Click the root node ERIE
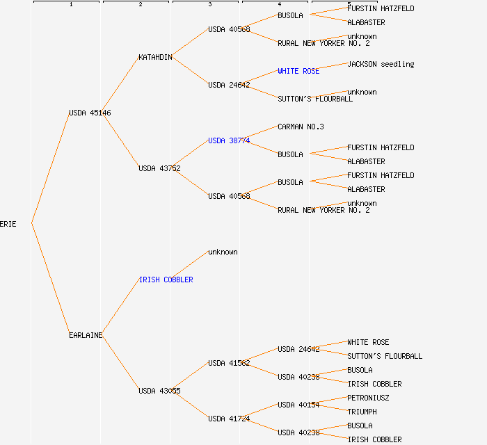click(8, 224)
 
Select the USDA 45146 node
click(90, 113)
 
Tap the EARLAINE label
click(86, 335)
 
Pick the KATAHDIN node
click(155, 57)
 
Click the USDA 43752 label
click(159, 168)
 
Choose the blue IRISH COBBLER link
click(166, 280)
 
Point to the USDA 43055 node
click(159, 391)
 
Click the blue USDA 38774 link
click(229, 140)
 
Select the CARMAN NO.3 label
click(301, 127)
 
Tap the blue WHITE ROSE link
click(298, 71)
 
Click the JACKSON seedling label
click(381, 64)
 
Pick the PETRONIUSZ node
click(368, 398)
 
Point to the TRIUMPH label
click(362, 412)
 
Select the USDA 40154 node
click(298, 405)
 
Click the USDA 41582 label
click(229, 363)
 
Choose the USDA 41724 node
click(229, 419)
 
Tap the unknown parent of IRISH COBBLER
click(223, 252)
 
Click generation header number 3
click(209, 5)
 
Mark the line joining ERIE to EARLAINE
click(50, 280)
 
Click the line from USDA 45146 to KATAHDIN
click(121, 85)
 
